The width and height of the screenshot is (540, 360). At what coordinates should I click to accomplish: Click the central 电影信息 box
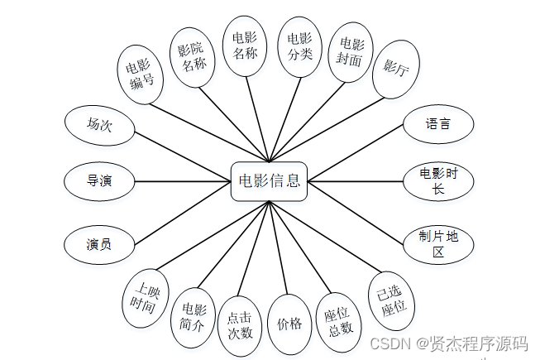click(x=269, y=180)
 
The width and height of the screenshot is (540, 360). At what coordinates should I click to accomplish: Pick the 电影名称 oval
click(x=245, y=46)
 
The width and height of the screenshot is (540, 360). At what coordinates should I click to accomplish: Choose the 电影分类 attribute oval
click(x=299, y=46)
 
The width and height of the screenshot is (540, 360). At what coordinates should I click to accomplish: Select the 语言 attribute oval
click(x=438, y=125)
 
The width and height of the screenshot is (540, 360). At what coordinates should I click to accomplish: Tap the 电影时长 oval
click(x=438, y=180)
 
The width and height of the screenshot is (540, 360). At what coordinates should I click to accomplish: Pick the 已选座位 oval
click(x=394, y=300)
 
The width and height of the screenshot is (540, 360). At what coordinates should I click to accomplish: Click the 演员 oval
click(x=99, y=244)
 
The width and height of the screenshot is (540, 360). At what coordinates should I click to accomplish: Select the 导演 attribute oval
click(x=99, y=180)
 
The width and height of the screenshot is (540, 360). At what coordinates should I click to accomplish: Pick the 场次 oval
click(x=99, y=125)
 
